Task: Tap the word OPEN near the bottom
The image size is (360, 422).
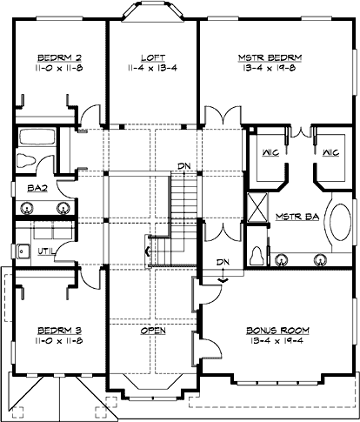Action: point(153,331)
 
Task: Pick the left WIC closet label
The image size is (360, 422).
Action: point(270,153)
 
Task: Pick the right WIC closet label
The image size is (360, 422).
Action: point(330,153)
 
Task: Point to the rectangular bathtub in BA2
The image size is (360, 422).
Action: point(37,137)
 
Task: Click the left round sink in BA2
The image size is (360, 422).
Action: point(28,208)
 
